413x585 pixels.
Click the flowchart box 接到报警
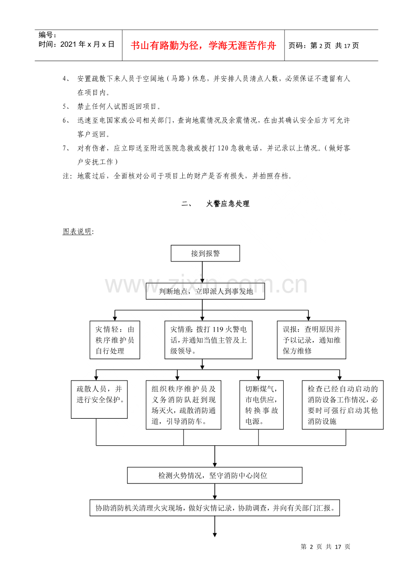(205, 253)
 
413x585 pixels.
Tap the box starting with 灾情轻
(114, 340)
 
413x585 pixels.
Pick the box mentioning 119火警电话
(208, 340)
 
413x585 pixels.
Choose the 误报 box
(312, 340)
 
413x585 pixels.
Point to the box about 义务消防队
(183, 405)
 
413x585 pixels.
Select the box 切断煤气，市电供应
(261, 405)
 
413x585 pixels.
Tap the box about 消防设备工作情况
(343, 405)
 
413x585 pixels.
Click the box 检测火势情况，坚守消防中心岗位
(215, 475)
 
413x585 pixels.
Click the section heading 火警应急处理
(228, 204)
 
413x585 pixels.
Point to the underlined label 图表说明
(78, 231)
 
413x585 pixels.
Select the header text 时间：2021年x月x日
(77, 44)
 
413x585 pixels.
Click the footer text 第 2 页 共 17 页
(325, 547)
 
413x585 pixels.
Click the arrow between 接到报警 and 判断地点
(202, 272)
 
